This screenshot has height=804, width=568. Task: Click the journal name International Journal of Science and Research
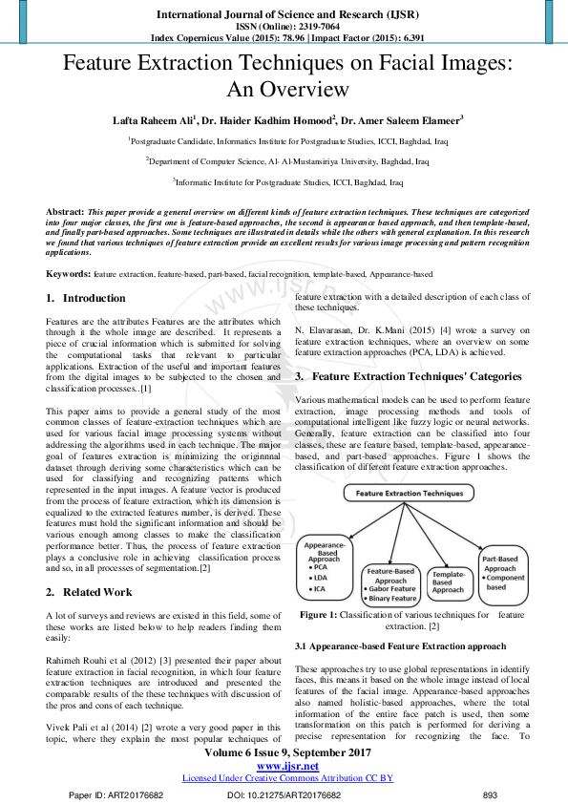pyautogui.click(x=284, y=14)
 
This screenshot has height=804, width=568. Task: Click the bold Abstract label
pyautogui.click(x=65, y=210)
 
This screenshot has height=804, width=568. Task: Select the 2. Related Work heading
pyautogui.click(x=91, y=592)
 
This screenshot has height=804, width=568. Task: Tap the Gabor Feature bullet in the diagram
pyautogui.click(x=390, y=589)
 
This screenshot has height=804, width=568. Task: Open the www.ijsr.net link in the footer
pyautogui.click(x=284, y=765)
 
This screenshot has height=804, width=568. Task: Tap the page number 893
pyautogui.click(x=490, y=794)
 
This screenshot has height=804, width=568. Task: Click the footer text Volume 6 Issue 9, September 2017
pyautogui.click(x=284, y=751)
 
